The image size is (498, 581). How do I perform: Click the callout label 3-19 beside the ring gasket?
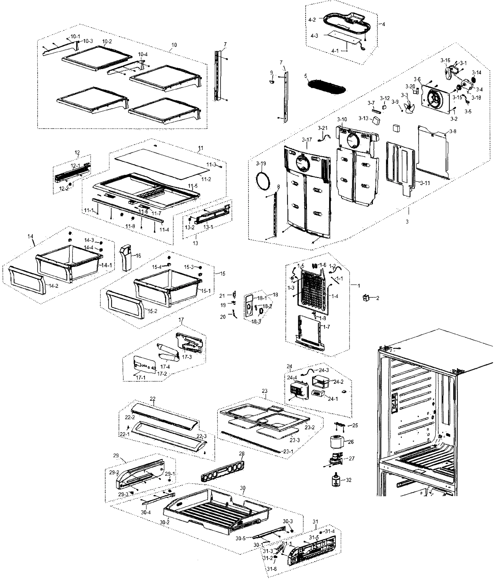click(261, 163)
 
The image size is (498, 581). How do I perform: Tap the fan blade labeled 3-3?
click(408, 107)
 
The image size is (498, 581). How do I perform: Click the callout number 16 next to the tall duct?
click(138, 256)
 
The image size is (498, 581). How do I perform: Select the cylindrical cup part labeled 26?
click(337, 442)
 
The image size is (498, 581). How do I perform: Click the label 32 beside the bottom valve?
click(349, 480)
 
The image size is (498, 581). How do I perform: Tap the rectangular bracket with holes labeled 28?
click(223, 472)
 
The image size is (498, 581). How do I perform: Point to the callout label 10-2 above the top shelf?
click(107, 41)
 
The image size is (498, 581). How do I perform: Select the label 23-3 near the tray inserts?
click(294, 440)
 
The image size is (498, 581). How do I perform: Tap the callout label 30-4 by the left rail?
click(146, 512)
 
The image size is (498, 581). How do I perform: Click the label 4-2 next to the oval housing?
click(312, 20)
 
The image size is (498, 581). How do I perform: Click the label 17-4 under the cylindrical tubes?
click(165, 367)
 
